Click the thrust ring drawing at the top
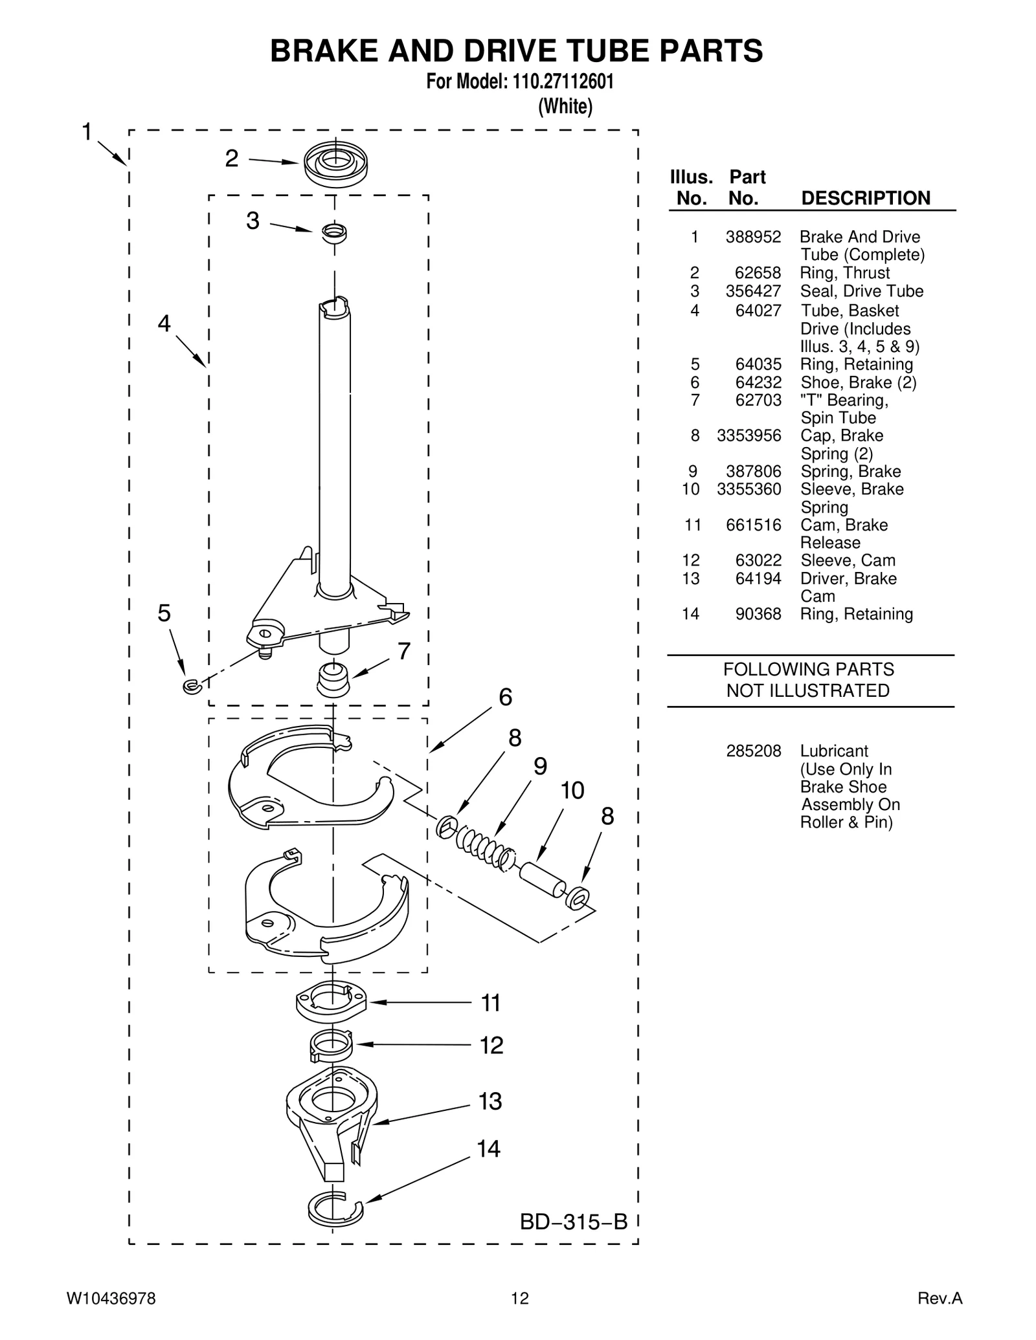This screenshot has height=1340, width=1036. coord(335,164)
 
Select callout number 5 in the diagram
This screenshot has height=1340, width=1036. coord(164,613)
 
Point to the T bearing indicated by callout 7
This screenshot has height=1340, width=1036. coord(333,679)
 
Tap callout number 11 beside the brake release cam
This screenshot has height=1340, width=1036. coord(491,1003)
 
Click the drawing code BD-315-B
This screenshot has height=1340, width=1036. coord(574,1222)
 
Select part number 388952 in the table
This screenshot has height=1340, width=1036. coord(753,237)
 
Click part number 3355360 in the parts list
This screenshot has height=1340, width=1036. coord(749,489)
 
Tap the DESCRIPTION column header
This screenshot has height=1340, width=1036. coord(865,198)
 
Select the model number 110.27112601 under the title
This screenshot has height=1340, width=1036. coord(563,82)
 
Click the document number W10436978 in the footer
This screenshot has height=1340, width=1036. coord(111,1299)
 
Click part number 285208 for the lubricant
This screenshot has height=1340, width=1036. coord(753,751)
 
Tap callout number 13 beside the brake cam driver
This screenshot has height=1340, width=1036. coord(490,1101)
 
